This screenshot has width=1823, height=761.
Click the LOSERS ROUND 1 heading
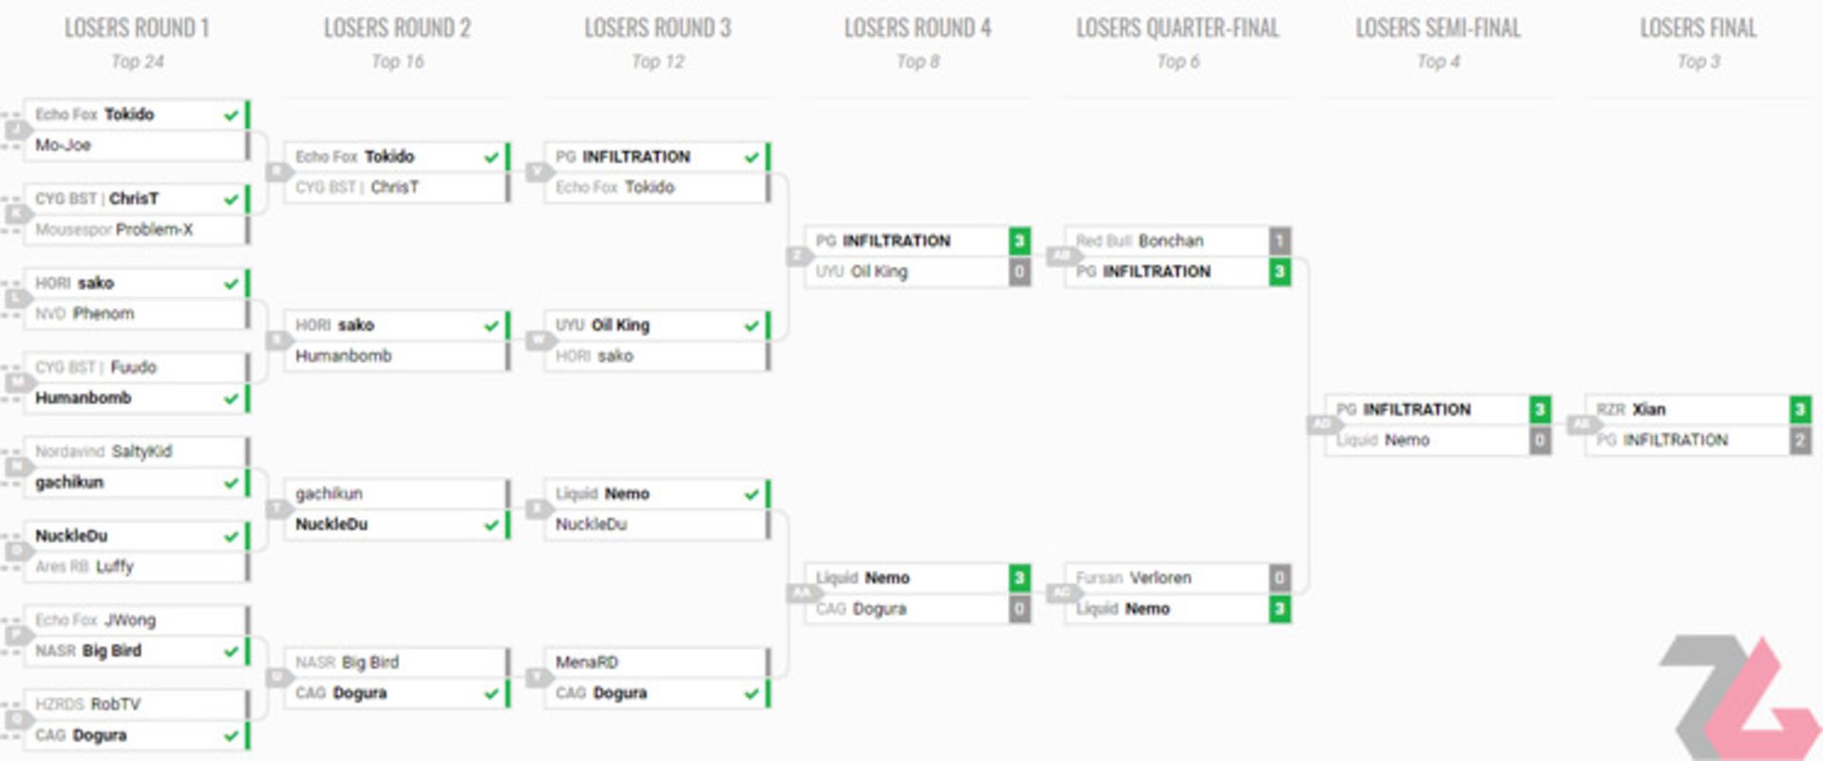137,28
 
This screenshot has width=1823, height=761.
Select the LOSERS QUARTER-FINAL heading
1177,28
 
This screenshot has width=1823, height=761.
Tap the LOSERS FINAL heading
1698,28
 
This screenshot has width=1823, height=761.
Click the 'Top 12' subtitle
657,62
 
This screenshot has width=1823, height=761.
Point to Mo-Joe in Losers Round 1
64,145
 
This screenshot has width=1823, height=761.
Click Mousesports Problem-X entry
114,230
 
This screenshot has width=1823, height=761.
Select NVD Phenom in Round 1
85,314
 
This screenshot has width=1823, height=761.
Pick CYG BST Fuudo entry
96,368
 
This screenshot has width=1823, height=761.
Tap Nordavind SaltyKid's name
103,451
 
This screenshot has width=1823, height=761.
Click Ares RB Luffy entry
85,567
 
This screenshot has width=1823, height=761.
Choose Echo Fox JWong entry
95,620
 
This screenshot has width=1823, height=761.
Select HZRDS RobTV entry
87,705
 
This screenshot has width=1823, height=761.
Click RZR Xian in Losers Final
1631,409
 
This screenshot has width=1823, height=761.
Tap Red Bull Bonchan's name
1139,241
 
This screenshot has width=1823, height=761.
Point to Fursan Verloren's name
1134,578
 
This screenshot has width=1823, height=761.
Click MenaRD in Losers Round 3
587,662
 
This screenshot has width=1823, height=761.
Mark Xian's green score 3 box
1799,409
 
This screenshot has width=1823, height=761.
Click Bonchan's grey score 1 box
1279,241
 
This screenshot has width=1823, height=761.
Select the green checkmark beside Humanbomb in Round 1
231,399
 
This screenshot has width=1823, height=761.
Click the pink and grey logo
1738,698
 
